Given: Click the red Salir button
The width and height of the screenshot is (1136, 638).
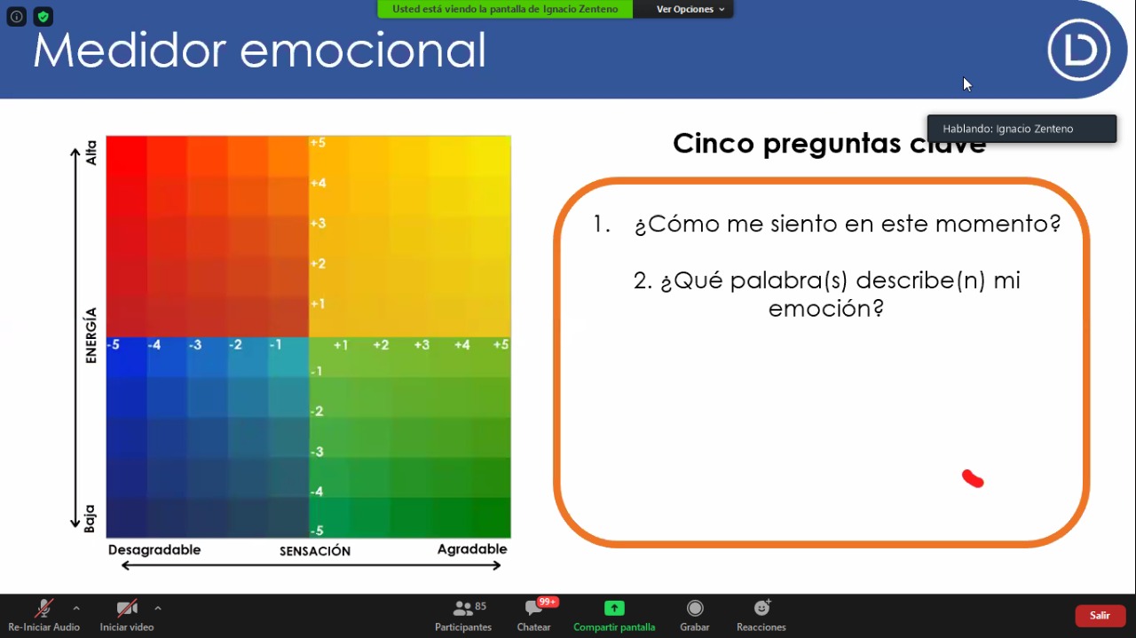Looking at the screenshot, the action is pyautogui.click(x=1100, y=615).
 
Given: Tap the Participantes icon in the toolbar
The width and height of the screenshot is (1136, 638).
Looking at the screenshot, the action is pyautogui.click(x=462, y=608).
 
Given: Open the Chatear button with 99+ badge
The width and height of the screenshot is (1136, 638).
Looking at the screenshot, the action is pyautogui.click(x=533, y=608).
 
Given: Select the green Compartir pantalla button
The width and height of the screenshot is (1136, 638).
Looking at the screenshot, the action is pyautogui.click(x=614, y=608).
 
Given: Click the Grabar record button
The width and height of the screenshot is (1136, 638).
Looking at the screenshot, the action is pyautogui.click(x=695, y=608).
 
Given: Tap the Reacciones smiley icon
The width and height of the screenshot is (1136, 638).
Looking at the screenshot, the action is pyautogui.click(x=761, y=607).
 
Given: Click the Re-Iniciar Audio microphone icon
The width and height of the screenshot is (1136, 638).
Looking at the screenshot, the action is pyautogui.click(x=44, y=608).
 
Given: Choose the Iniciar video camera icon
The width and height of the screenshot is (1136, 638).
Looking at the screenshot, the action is pyautogui.click(x=127, y=608).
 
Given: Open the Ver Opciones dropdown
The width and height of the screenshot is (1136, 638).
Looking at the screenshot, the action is pyautogui.click(x=690, y=9).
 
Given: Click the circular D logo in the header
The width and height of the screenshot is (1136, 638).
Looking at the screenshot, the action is pyautogui.click(x=1078, y=50).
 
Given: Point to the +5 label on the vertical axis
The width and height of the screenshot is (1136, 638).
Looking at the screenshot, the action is pyautogui.click(x=318, y=143).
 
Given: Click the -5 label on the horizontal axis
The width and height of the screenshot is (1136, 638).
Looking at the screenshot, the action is pyautogui.click(x=114, y=345).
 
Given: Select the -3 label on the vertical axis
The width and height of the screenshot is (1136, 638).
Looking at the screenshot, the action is pyautogui.click(x=317, y=452).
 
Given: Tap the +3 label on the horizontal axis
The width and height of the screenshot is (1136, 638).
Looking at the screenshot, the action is pyautogui.click(x=422, y=345).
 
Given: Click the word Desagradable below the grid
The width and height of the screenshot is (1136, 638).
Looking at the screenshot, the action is pyautogui.click(x=154, y=550).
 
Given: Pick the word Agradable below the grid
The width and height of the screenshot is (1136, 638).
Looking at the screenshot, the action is pyautogui.click(x=472, y=549).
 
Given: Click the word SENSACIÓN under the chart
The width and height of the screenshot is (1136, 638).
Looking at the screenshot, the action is pyautogui.click(x=315, y=551).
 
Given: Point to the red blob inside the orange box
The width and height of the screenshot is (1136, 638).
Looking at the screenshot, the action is pyautogui.click(x=973, y=478).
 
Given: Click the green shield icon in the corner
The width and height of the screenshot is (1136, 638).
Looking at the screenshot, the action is pyautogui.click(x=43, y=17).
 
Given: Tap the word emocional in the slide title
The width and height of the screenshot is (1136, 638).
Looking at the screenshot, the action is pyautogui.click(x=363, y=51).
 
